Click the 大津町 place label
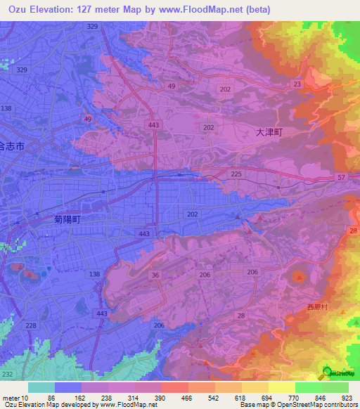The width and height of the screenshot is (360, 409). point(267,131)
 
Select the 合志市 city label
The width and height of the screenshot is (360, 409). point(11,147)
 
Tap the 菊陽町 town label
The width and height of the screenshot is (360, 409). point(67,219)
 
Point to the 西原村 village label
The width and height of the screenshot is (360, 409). point(318,307)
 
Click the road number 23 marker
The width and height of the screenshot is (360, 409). point(297,84)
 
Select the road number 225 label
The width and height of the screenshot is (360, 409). point(236,174)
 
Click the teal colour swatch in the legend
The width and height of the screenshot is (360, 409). point(41,387)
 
